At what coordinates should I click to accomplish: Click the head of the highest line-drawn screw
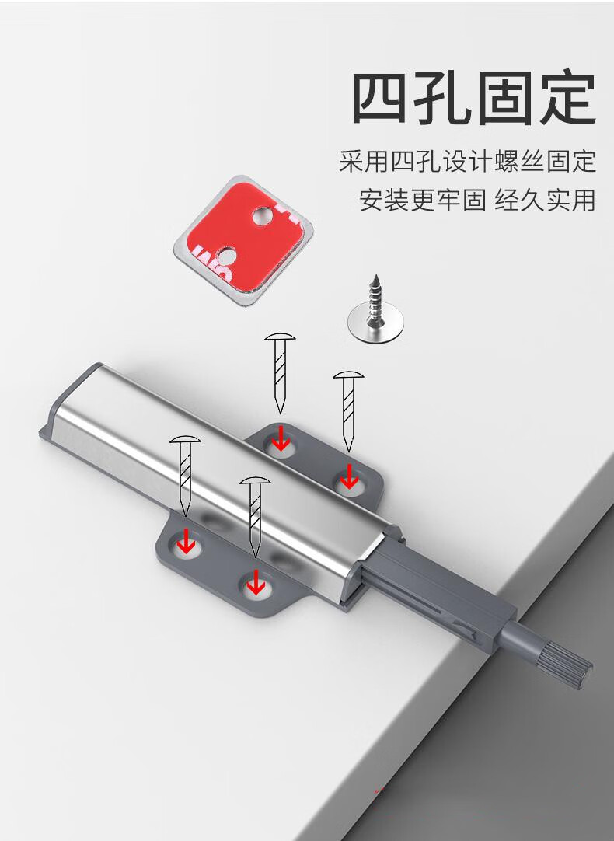coord(282,337)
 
